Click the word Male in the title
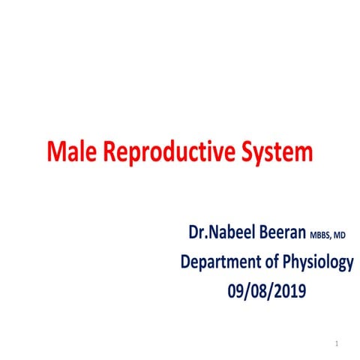[71, 152]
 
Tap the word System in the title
[276, 152]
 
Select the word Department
[224, 262]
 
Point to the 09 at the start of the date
[238, 290]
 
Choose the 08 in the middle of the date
[259, 290]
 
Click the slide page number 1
[338, 343]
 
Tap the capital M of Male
[55, 152]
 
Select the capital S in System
[247, 152]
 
